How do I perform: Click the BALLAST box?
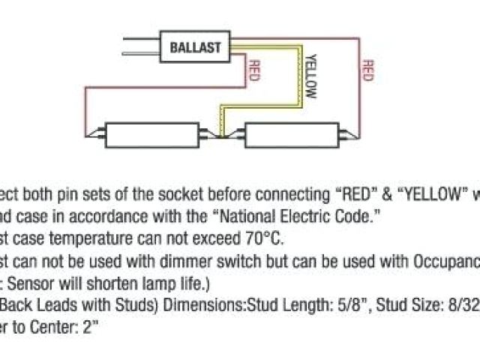click(x=195, y=47)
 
